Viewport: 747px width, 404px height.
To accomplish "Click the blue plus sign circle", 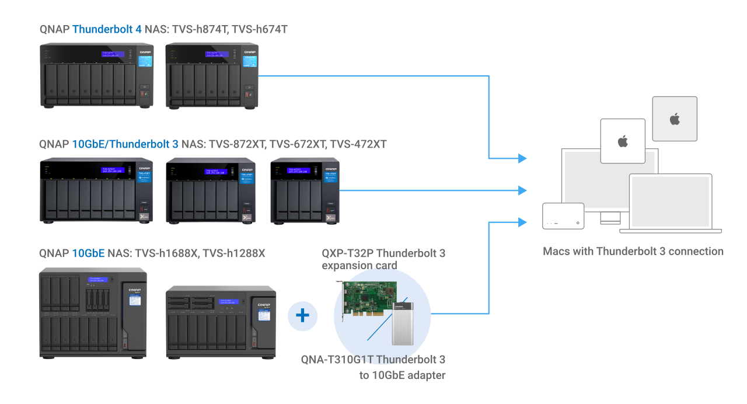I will [302, 316].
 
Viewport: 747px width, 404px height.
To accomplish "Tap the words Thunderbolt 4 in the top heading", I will [107, 29].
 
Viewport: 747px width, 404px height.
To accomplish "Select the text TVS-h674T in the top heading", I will [260, 29].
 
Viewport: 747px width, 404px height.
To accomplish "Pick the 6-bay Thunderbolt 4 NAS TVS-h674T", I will [212, 76].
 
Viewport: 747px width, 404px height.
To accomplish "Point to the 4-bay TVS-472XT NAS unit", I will [304, 191].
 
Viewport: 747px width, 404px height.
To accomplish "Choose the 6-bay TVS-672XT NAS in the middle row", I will [211, 191].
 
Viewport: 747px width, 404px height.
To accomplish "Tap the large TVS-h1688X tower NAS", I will [93, 312].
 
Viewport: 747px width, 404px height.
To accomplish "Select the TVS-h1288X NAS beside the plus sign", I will [221, 322].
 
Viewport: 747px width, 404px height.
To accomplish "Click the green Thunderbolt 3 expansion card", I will [367, 304].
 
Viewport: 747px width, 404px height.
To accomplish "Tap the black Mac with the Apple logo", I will [622, 141].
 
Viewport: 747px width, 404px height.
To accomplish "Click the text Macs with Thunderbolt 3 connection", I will [633, 252].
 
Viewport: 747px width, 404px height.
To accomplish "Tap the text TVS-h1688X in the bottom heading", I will [166, 253].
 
